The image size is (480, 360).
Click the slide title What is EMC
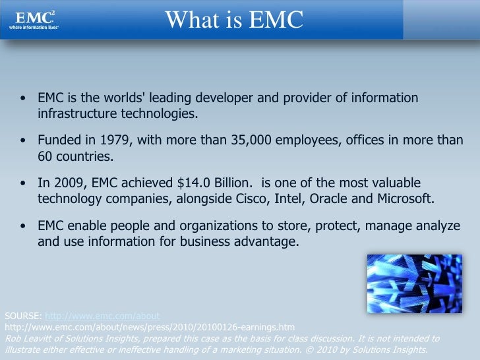point(234,20)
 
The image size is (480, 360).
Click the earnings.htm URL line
point(150,327)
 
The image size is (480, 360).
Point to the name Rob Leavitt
point(26,338)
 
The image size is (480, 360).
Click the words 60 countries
point(74,156)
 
